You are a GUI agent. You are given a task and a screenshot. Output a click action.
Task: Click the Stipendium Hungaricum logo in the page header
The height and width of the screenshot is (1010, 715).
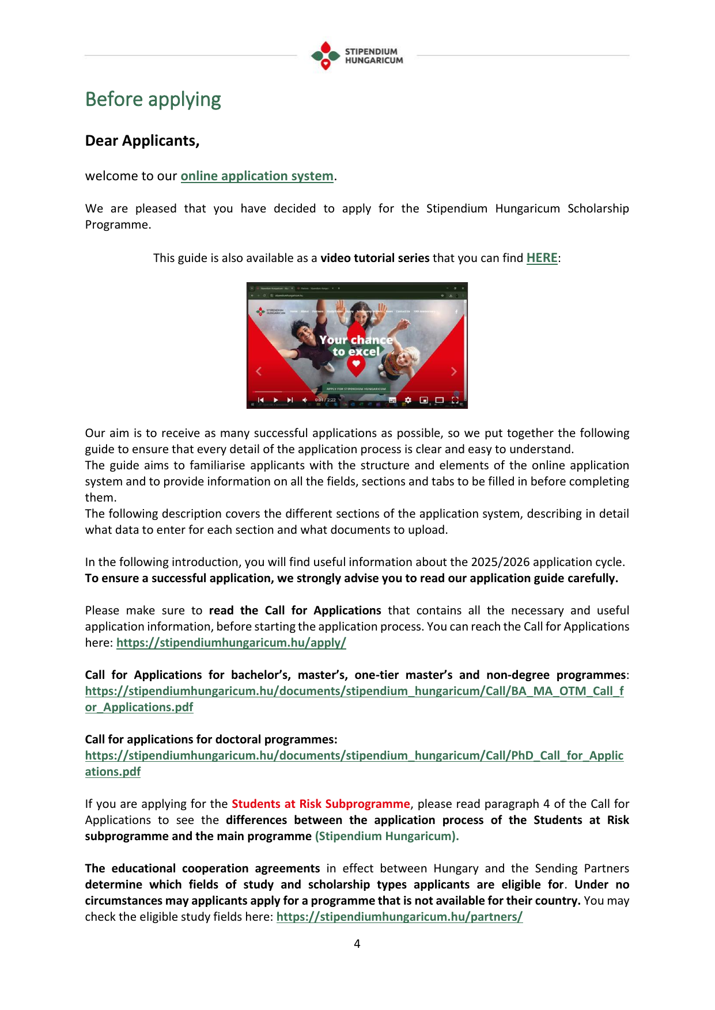click(357, 56)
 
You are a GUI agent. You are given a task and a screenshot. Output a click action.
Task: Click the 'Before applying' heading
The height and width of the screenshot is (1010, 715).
click(153, 100)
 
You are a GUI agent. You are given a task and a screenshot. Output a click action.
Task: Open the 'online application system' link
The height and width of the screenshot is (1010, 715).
click(257, 176)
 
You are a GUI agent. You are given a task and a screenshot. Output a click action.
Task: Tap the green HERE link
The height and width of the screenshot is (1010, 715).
click(542, 258)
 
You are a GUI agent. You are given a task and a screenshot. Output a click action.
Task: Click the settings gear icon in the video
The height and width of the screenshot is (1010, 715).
click(408, 400)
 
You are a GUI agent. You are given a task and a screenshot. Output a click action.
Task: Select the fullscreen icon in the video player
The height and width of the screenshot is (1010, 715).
click(455, 400)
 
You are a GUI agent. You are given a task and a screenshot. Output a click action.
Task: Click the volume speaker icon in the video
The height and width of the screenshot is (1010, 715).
click(305, 400)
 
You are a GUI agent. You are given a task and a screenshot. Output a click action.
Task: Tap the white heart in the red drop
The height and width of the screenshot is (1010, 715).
click(356, 363)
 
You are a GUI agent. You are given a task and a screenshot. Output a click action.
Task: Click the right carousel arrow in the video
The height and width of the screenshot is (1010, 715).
click(453, 371)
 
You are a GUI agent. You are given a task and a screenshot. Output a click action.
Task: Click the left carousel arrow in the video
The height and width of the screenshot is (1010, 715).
click(259, 371)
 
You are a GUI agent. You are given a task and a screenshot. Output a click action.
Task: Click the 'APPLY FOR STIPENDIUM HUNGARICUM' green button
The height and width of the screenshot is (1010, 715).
click(356, 389)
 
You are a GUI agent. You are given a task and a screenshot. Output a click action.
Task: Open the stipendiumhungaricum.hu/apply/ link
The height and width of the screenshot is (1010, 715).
click(231, 643)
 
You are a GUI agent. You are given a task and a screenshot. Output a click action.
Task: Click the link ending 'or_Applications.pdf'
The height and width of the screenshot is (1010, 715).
click(139, 707)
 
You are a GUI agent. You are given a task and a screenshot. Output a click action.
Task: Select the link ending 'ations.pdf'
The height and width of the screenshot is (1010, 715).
click(113, 772)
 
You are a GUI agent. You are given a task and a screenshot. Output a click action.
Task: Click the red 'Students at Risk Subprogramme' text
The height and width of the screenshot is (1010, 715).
click(321, 804)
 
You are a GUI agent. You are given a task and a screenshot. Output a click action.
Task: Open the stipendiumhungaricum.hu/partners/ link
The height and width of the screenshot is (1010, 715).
click(399, 917)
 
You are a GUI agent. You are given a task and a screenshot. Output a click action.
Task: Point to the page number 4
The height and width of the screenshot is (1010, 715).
click(357, 944)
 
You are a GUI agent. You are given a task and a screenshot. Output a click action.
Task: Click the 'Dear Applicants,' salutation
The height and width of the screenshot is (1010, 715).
click(142, 141)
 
